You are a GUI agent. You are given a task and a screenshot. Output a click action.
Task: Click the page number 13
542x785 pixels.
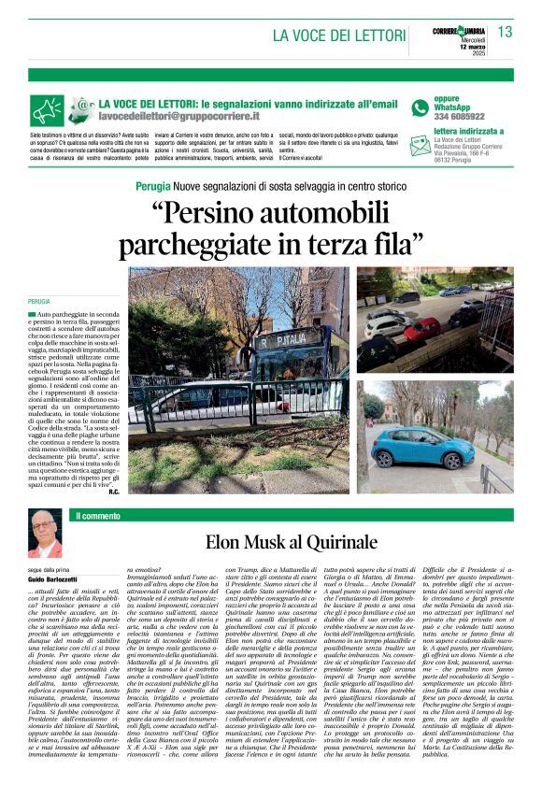[506, 32]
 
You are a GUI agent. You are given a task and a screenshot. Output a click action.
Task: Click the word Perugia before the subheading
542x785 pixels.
[152, 186]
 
